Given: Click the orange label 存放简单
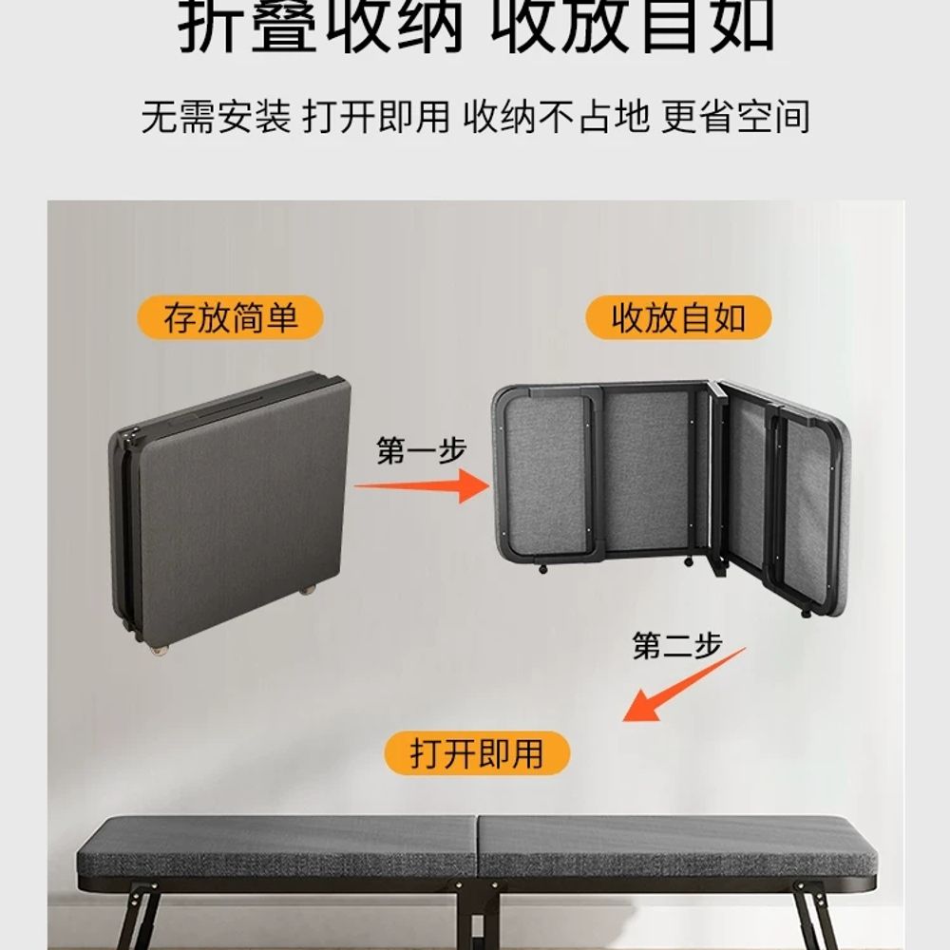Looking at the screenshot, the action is tap(230, 317).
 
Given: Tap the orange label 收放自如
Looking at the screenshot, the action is tap(678, 317).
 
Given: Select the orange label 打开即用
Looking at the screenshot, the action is tap(477, 753).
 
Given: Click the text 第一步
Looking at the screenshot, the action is tap(421, 450).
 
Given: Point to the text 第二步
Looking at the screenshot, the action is tap(676, 645).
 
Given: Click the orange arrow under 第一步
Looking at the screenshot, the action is tap(422, 485).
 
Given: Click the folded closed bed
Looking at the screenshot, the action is tap(230, 512).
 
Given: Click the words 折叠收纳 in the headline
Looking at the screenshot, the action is tap(320, 28).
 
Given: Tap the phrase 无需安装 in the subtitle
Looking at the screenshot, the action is tap(217, 116).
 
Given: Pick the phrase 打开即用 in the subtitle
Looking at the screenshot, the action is tap(376, 116).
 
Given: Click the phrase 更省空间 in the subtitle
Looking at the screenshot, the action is tap(735, 116).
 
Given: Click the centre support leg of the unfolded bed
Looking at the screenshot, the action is tap(478, 916).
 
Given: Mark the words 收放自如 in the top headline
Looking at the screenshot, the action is tap(633, 28).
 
